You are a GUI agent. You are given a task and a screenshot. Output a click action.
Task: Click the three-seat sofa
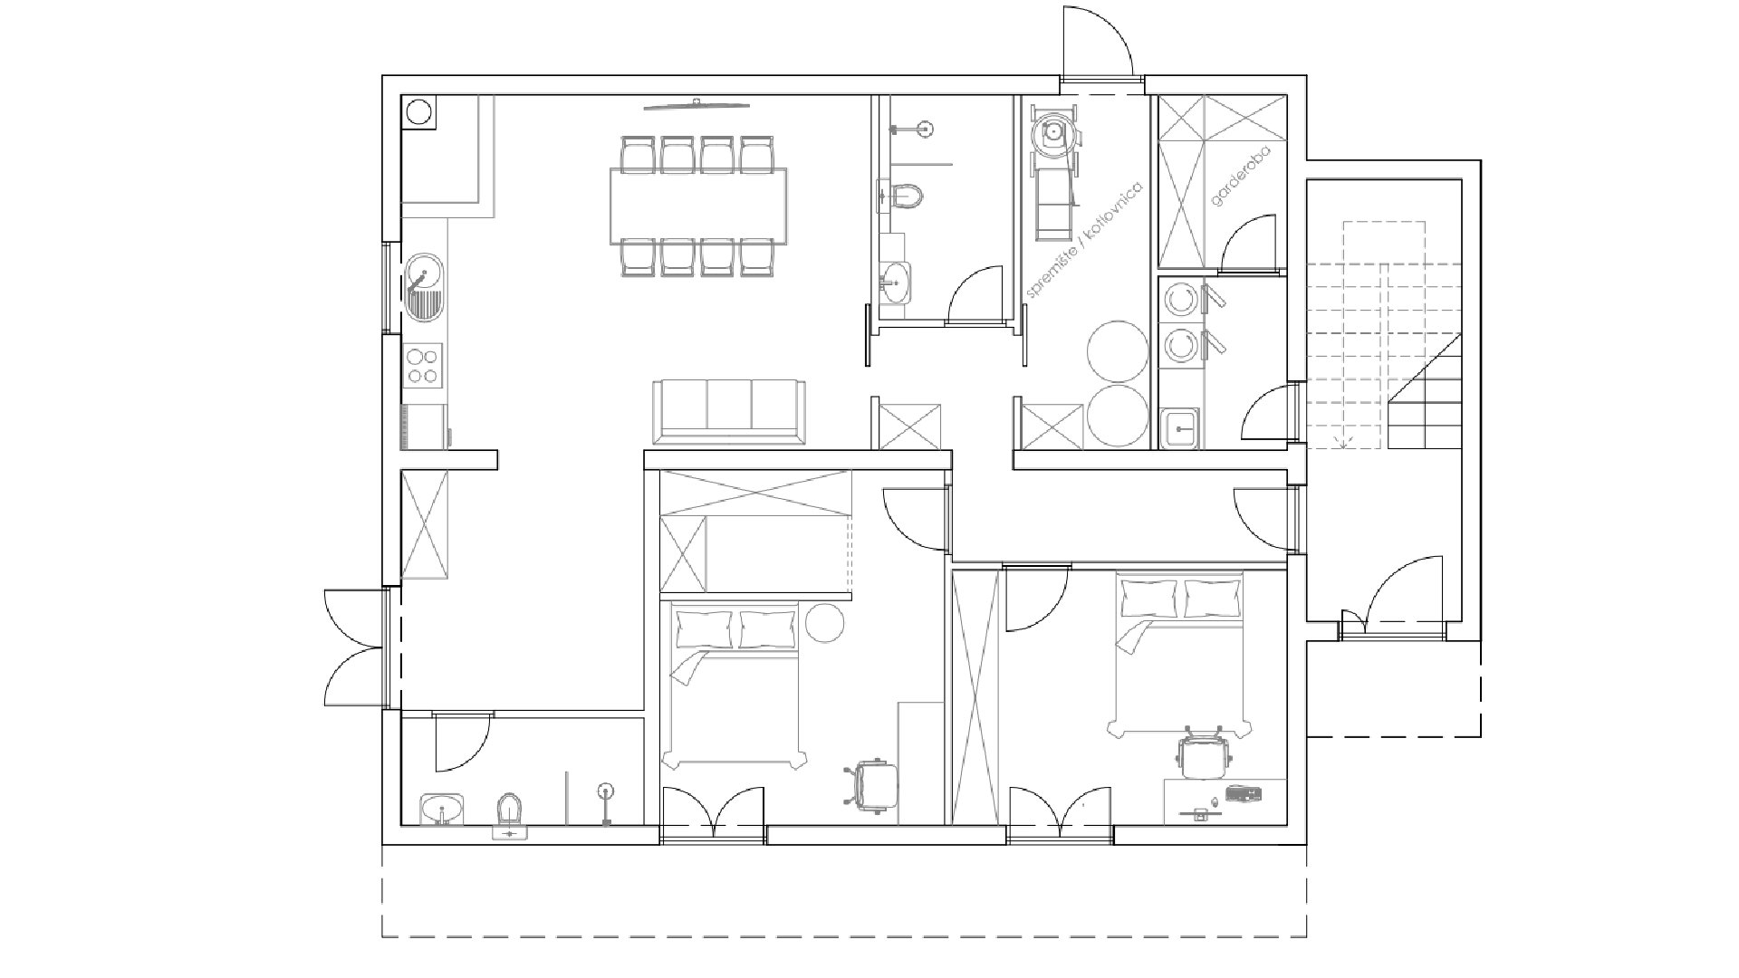point(729,413)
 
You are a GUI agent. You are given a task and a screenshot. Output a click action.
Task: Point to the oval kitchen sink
point(424,288)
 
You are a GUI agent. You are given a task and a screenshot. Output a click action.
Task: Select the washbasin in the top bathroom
point(897,282)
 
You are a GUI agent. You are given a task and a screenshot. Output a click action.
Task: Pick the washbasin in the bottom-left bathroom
point(442,808)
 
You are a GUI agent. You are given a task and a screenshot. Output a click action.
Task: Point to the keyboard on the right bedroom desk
point(1244,794)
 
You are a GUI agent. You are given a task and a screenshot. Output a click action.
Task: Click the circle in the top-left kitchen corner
point(418,112)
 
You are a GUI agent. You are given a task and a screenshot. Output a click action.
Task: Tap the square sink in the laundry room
point(1180,427)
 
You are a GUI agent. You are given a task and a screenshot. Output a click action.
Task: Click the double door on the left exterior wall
point(356,647)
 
